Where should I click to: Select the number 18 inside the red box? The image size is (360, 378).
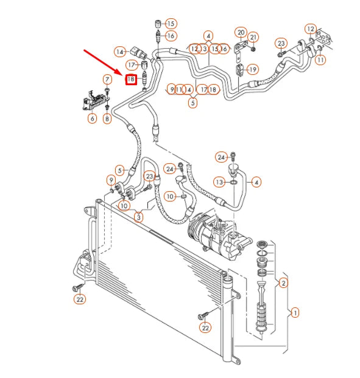(130, 79)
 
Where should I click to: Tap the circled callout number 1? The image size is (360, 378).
(295, 313)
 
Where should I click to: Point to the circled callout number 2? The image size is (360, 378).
(283, 282)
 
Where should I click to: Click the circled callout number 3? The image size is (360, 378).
(139, 217)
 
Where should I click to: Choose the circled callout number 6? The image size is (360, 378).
(92, 118)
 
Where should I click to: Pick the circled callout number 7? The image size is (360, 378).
(107, 79)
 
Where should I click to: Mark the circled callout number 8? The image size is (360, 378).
(107, 118)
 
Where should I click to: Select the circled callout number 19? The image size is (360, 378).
(252, 69)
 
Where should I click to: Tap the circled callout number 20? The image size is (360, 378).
(241, 32)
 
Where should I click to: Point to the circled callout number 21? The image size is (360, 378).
(254, 37)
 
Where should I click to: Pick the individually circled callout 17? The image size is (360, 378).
(132, 65)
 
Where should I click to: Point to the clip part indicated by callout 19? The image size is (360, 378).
(238, 68)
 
